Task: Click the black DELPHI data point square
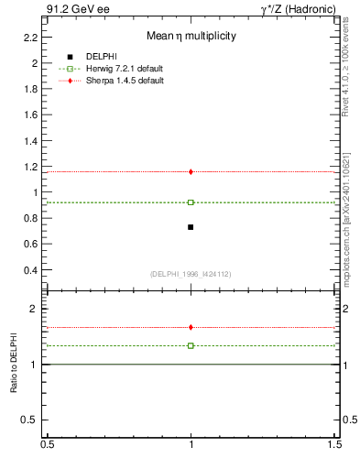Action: click(x=191, y=227)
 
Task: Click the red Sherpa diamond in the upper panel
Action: click(x=191, y=171)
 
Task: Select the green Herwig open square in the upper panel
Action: click(x=191, y=202)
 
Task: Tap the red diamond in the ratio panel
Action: click(x=191, y=327)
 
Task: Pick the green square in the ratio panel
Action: click(x=191, y=345)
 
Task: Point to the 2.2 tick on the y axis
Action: click(x=30, y=38)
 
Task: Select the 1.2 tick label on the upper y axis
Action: click(x=30, y=167)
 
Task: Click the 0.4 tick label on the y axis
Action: click(x=30, y=270)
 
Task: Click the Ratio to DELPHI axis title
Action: click(x=14, y=364)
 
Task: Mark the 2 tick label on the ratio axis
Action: click(x=34, y=310)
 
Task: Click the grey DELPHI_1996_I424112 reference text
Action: click(x=191, y=274)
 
